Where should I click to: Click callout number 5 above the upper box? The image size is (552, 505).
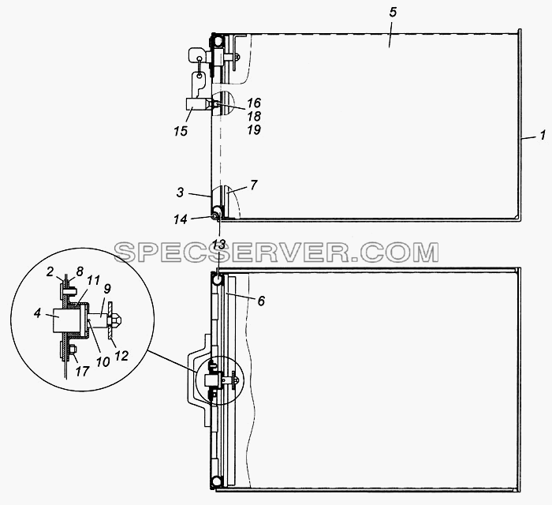[393, 13]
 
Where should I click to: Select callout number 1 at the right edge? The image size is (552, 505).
[543, 135]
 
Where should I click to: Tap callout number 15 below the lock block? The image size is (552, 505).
[181, 131]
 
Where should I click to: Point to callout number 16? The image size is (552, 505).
[254, 103]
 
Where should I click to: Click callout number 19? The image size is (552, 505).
[254, 130]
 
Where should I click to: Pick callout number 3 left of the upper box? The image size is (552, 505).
[180, 193]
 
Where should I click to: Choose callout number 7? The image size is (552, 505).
[254, 185]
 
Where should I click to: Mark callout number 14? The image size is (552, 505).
[180, 219]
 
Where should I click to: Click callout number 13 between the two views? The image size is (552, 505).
[219, 245]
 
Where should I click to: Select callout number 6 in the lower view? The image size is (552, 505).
[261, 301]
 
